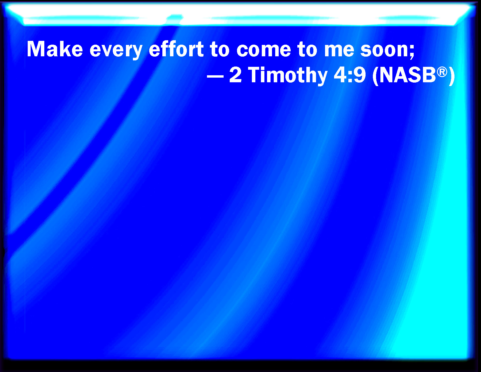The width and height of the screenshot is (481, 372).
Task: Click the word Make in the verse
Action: (55, 49)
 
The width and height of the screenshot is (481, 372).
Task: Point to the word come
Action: (264, 51)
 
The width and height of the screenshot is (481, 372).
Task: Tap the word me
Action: (339, 51)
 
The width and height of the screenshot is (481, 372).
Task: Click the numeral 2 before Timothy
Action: (235, 75)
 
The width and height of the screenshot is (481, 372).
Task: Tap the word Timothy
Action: (288, 76)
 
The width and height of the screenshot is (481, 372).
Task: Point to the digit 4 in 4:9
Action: (340, 75)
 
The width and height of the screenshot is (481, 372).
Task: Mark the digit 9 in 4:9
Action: (359, 75)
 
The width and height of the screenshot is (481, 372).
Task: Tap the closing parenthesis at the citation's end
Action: (452, 76)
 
